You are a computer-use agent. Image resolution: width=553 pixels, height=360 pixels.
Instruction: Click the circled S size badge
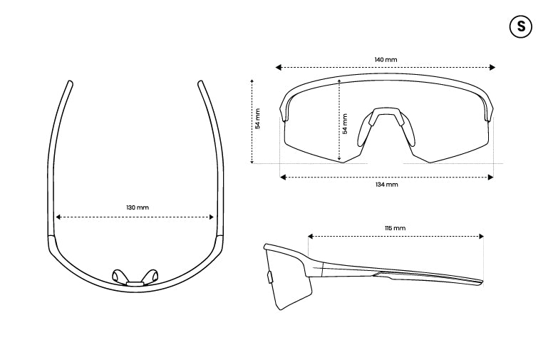coord(520,26)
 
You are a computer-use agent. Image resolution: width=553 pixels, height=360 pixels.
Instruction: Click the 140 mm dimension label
coord(386,60)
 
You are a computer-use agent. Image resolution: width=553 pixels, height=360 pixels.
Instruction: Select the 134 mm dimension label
coord(387,185)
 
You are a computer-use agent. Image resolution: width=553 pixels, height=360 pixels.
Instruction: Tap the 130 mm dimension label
coord(138,207)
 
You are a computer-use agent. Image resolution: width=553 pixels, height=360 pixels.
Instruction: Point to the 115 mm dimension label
coord(395,228)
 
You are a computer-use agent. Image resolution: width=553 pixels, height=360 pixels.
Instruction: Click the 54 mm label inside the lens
coord(345,124)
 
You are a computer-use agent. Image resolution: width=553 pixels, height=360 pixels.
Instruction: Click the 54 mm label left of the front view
coord(257,118)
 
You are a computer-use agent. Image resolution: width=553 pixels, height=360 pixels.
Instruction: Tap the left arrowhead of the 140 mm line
coord(278,68)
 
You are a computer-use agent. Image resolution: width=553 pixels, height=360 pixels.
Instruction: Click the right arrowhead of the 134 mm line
coord(490,178)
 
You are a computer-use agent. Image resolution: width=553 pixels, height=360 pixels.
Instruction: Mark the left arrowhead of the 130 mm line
coord(58,217)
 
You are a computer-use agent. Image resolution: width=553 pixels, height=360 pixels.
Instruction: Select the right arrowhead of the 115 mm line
coord(481,236)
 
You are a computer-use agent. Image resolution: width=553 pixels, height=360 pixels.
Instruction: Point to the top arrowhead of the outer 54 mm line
coord(252,82)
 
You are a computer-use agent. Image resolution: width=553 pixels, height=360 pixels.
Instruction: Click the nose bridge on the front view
coord(386,110)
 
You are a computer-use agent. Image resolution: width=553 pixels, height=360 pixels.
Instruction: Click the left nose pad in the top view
coord(118,275)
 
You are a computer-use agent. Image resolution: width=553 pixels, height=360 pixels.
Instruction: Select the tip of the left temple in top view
coord(70,83)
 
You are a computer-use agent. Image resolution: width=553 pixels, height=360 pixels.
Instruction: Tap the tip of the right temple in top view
coord(200,83)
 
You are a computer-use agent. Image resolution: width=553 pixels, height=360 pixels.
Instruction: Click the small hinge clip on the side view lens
coord(269,277)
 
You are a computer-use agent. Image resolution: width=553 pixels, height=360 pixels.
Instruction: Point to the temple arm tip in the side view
coord(482,282)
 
